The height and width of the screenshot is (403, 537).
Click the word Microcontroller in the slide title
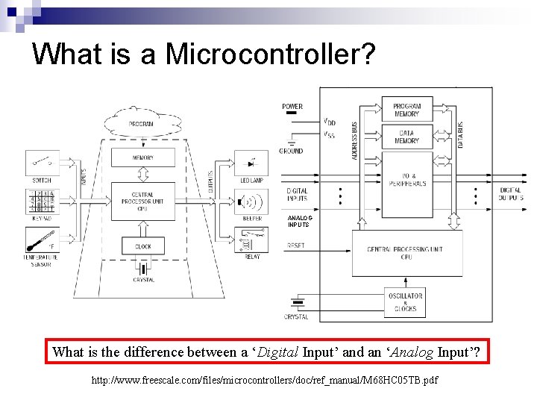click(x=266, y=54)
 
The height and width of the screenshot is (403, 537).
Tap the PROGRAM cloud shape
click(x=142, y=122)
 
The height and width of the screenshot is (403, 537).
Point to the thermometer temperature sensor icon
click(x=43, y=242)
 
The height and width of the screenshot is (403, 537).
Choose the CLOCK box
click(x=143, y=246)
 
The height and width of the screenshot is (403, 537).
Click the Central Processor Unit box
click(x=143, y=200)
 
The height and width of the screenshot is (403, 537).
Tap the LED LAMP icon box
click(x=251, y=163)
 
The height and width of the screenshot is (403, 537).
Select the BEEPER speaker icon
click(x=251, y=202)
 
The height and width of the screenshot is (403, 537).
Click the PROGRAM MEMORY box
click(x=406, y=110)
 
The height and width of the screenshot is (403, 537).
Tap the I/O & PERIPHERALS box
click(x=406, y=179)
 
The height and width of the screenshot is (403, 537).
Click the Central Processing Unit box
click(x=406, y=253)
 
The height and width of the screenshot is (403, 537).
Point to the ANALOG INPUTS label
click(x=299, y=221)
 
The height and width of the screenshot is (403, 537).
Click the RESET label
click(x=295, y=246)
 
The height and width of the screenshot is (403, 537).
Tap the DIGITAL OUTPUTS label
click(x=511, y=195)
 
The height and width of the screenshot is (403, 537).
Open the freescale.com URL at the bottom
click(x=264, y=381)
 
